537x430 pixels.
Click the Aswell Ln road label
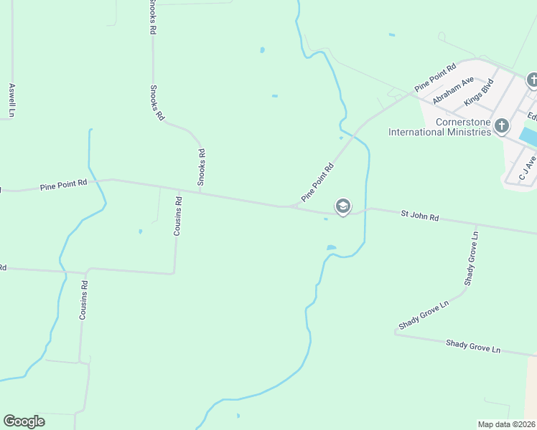point(11,100)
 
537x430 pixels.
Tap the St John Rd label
point(419,214)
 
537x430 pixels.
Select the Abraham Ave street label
point(453,91)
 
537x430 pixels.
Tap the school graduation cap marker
point(342,207)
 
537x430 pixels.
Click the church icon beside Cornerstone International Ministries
point(502,127)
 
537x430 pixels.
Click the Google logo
point(24,421)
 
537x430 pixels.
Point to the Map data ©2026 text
point(507,424)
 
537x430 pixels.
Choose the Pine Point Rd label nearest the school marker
point(317,182)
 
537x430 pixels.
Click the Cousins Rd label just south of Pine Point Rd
point(178,216)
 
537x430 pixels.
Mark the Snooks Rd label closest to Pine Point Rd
point(202,166)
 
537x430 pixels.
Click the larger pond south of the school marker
point(331,248)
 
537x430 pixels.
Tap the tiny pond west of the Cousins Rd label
point(140,231)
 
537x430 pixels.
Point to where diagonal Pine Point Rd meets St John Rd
point(293,207)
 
